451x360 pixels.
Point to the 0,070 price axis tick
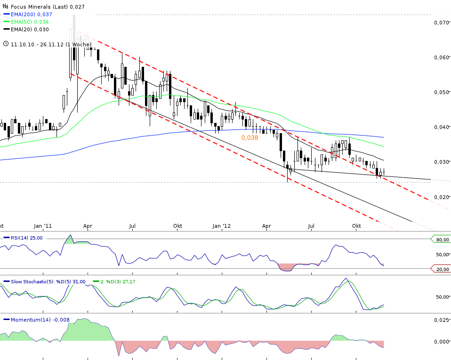pyautogui.click(x=441, y=22)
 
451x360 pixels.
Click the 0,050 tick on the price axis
pyautogui.click(x=441, y=92)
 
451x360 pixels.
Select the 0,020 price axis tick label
pyautogui.click(x=441, y=197)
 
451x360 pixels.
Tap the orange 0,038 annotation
pyautogui.click(x=250, y=138)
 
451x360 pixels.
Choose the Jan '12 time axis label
pyautogui.click(x=222, y=226)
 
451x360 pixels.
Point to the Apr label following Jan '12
pyautogui.click(x=266, y=226)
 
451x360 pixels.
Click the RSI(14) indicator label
pyautogui.click(x=26, y=238)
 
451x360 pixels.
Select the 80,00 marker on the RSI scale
pyautogui.click(x=442, y=240)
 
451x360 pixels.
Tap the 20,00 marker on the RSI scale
pyautogui.click(x=442, y=269)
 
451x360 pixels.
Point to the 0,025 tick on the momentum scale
pyautogui.click(x=441, y=320)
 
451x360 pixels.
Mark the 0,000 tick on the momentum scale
pyautogui.click(x=441, y=342)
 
